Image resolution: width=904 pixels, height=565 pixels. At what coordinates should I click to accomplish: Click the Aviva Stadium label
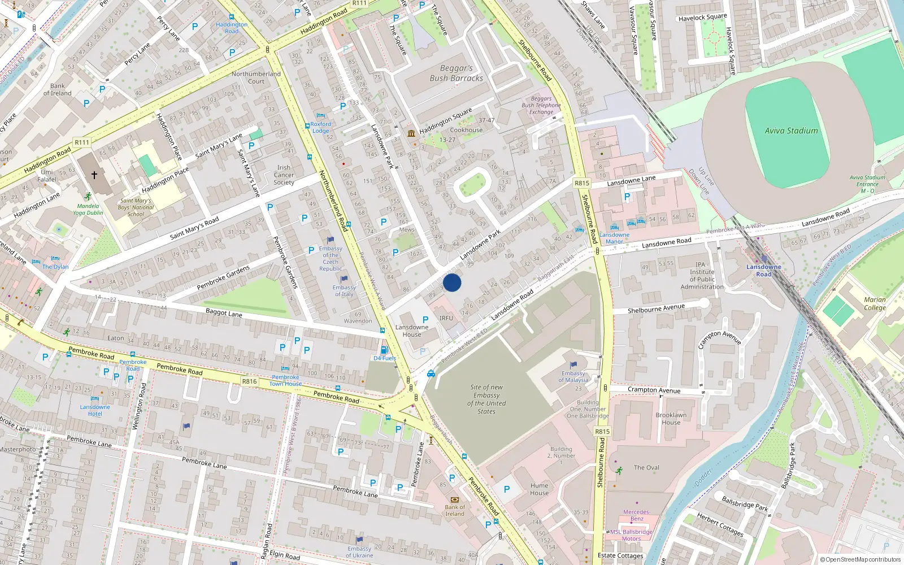click(x=791, y=131)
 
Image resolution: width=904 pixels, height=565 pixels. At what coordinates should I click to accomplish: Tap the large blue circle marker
click(x=452, y=282)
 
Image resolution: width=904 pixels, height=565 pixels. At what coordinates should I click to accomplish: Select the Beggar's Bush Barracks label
click(x=456, y=73)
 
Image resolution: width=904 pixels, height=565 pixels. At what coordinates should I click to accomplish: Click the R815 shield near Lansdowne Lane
click(x=581, y=183)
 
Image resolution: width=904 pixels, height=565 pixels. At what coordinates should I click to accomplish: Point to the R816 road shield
click(x=249, y=381)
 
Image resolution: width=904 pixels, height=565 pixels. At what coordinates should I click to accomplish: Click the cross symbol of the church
click(x=94, y=175)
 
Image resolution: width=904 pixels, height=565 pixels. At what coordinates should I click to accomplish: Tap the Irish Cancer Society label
click(x=284, y=175)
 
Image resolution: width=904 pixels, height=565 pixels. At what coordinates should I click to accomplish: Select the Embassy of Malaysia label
click(x=573, y=377)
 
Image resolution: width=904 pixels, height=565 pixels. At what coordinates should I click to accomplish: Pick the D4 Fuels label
click(x=385, y=358)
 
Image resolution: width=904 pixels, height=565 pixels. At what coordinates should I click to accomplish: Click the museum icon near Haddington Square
click(x=411, y=133)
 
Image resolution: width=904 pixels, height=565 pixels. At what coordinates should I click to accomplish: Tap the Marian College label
click(x=875, y=304)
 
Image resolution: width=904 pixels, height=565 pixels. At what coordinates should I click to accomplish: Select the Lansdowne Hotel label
click(x=95, y=410)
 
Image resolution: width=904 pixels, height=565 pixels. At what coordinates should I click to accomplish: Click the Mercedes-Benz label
click(x=637, y=515)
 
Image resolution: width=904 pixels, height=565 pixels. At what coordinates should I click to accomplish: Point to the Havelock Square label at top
click(x=702, y=18)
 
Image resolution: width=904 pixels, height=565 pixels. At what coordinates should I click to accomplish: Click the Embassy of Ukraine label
click(x=359, y=552)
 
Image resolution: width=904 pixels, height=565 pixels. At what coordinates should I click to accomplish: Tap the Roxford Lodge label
click(x=320, y=127)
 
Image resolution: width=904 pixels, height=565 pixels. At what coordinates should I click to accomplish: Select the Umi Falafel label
click(x=47, y=176)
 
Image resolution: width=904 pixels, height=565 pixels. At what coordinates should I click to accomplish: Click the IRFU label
click(x=446, y=318)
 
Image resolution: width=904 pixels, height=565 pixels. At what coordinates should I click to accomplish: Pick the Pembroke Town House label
click(x=285, y=380)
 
